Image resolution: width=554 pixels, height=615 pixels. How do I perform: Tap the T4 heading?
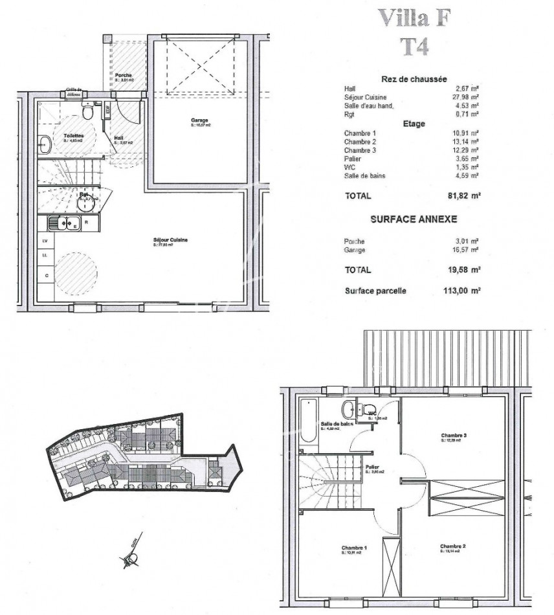[413, 46]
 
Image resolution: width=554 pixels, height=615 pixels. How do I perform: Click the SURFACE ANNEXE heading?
[413, 219]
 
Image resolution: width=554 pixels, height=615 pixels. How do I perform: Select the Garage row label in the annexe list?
[355, 250]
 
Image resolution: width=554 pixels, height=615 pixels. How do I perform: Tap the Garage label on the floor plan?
[199, 120]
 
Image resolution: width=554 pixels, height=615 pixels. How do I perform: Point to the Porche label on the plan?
[124, 76]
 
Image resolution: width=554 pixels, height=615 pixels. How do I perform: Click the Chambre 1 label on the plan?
[354, 548]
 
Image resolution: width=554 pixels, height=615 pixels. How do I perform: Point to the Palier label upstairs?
[371, 467]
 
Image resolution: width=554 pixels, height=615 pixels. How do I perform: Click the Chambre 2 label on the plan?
[453, 546]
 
